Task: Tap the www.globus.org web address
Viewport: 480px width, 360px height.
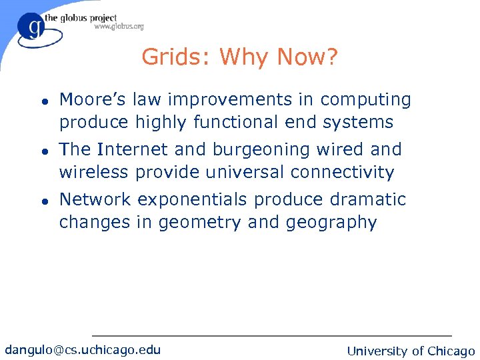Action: [x=119, y=27]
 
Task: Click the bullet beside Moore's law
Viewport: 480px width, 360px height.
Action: [x=42, y=101]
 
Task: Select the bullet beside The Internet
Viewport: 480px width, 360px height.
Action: [x=42, y=151]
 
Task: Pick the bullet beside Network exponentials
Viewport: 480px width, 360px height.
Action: [x=42, y=201]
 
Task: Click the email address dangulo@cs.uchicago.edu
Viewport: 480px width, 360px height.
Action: [x=83, y=349]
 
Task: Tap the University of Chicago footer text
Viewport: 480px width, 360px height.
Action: [x=411, y=351]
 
